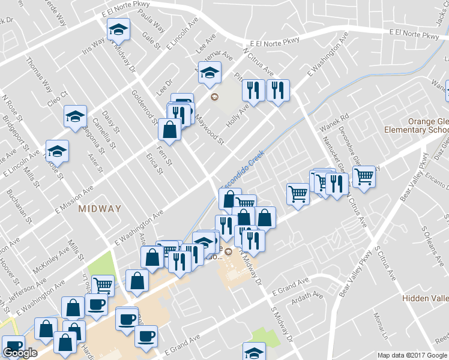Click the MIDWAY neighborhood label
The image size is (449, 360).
click(x=100, y=209)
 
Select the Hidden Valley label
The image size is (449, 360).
click(x=425, y=299)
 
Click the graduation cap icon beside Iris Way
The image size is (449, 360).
click(x=118, y=29)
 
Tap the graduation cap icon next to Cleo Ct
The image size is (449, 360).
click(x=76, y=115)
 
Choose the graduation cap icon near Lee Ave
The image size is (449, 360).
click(x=209, y=73)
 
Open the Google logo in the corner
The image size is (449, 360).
click(x=20, y=353)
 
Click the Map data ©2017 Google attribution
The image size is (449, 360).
click(x=412, y=355)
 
